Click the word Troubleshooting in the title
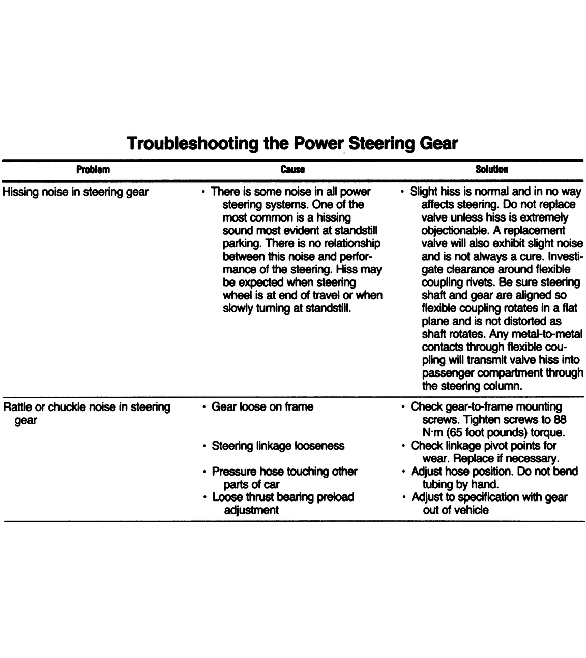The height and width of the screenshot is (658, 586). (193, 143)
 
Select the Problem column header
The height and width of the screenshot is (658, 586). (93, 170)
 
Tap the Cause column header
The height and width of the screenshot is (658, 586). (292, 170)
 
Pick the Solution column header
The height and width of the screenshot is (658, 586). (491, 170)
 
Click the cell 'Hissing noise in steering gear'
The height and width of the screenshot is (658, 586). (76, 192)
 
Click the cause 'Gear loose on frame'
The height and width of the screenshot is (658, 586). (262, 407)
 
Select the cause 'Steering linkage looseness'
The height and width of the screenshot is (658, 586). (278, 446)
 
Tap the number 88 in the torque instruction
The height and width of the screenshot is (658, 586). (560, 420)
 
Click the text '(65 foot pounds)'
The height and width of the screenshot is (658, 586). (485, 433)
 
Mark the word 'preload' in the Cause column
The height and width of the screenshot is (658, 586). (335, 497)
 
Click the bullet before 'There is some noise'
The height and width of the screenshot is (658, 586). (203, 192)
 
